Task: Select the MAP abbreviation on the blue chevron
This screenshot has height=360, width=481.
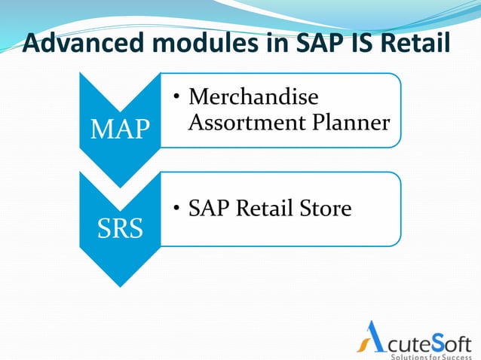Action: pyautogui.click(x=120, y=130)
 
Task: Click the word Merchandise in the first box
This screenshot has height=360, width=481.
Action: pyautogui.click(x=253, y=97)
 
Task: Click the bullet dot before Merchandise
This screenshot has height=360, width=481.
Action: pyautogui.click(x=176, y=99)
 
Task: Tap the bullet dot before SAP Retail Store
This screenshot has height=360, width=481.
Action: pyautogui.click(x=176, y=209)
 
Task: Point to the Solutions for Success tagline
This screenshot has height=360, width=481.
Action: pyautogui.click(x=431, y=355)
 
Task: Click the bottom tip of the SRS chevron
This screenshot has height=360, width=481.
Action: pyautogui.click(x=120, y=285)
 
